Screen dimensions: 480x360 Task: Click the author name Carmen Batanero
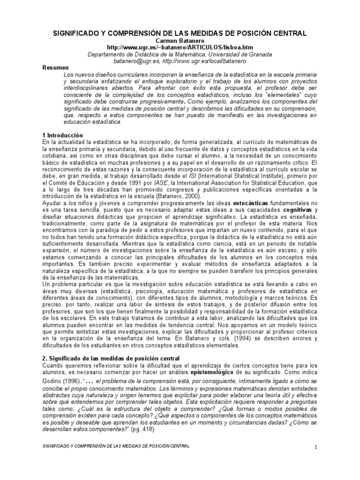[x=180, y=41]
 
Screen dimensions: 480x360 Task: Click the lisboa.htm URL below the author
[x=180, y=47]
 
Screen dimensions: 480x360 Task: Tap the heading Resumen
[x=55, y=68]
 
